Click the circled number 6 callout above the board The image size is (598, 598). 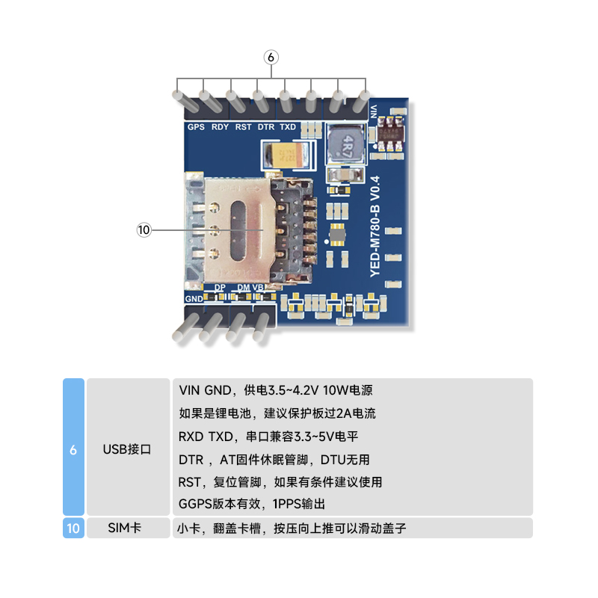tap(271, 57)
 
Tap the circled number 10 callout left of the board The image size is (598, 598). tap(144, 229)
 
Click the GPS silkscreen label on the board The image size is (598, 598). tap(196, 127)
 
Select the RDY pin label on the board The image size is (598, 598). tap(220, 127)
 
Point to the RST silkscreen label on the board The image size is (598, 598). tap(244, 127)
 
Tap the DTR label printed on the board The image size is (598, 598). tap(266, 127)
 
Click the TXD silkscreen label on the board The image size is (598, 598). tap(288, 127)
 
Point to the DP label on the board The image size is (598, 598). tap(220, 288)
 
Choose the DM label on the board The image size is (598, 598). tap(244, 288)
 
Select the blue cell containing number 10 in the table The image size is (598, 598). tap(73, 528)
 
